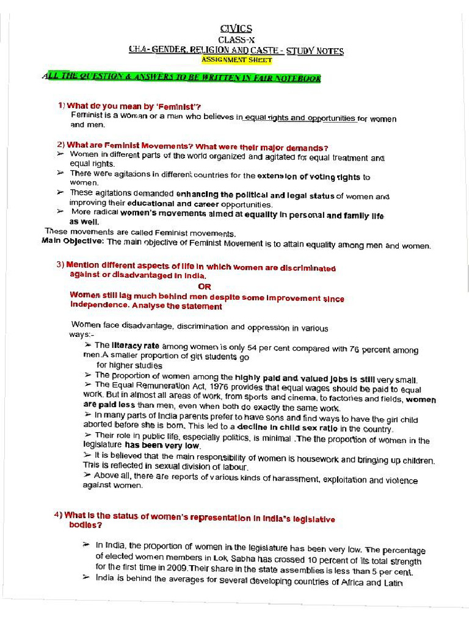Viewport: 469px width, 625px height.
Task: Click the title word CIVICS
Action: pyautogui.click(x=235, y=29)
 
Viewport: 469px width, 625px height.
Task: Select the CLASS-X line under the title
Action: pyautogui.click(x=235, y=40)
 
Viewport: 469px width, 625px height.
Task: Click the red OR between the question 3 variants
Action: pyautogui.click(x=205, y=286)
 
